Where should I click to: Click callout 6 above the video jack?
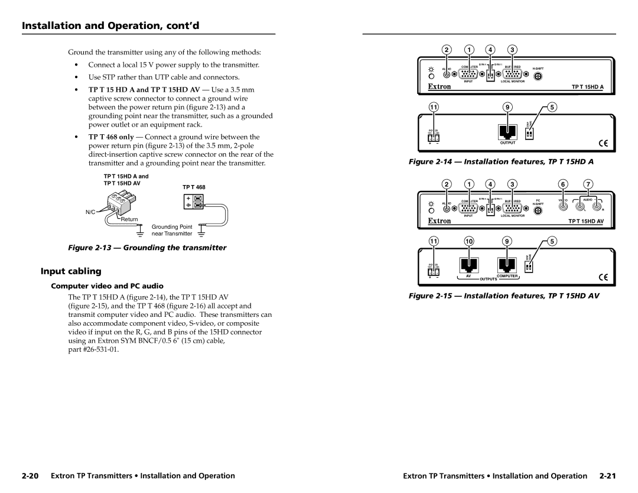pos(564,184)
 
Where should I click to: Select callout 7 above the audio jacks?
pos(588,184)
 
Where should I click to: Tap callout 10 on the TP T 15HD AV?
pos(468,242)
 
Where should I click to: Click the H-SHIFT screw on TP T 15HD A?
pos(538,76)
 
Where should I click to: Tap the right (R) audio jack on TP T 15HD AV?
pos(597,207)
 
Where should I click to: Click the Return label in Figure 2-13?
pos(129,219)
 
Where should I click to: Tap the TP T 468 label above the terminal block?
pos(194,187)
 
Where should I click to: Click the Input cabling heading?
pos(62,272)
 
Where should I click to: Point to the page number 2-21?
pos(608,475)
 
